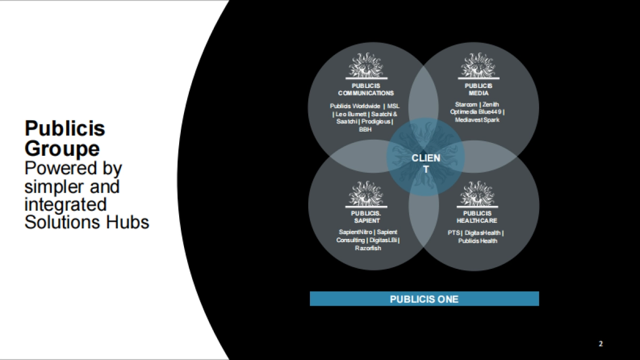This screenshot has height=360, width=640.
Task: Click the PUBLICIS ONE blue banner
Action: [424, 299]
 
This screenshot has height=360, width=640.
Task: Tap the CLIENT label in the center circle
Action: [426, 163]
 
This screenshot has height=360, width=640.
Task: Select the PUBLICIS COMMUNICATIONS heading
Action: [366, 90]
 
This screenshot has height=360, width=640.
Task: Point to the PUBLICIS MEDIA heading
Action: [478, 90]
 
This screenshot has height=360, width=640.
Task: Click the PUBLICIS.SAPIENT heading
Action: [366, 217]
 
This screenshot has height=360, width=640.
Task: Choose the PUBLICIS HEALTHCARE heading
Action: [477, 217]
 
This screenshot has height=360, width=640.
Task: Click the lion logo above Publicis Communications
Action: [366, 66]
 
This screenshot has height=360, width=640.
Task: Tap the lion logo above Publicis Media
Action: [478, 66]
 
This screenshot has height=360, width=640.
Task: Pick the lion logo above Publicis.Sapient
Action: [366, 194]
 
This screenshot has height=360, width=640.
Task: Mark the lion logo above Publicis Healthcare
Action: [478, 194]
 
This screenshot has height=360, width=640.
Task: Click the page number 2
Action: [601, 343]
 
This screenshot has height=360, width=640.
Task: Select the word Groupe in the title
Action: [62, 148]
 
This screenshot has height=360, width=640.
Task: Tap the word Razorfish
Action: [368, 248]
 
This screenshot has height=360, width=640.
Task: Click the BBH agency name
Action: [365, 129]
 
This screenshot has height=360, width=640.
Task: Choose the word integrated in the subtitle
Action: [66, 204]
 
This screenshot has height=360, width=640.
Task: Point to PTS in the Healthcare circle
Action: [454, 233]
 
